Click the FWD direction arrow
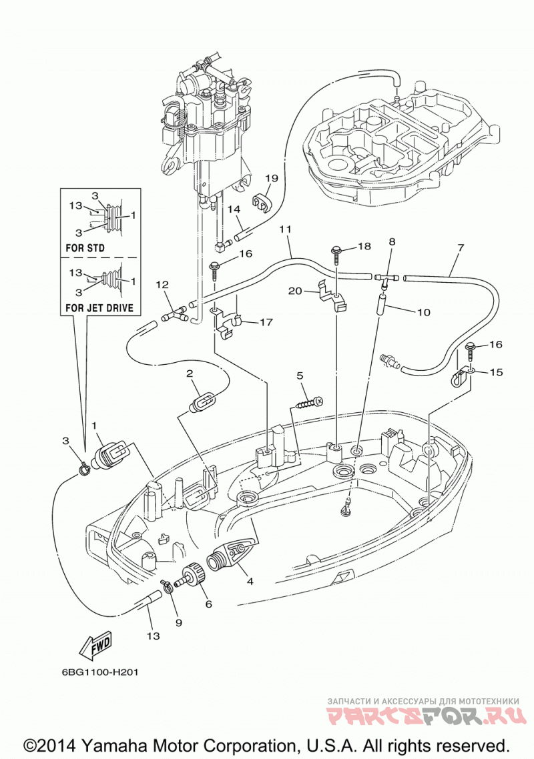[96, 644]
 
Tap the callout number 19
[272, 179]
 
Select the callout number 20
[294, 291]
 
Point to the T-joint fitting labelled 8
[386, 279]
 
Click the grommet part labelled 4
[231, 555]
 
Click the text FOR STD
[85, 248]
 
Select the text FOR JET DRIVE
[99, 308]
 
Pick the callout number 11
[285, 230]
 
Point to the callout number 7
[460, 248]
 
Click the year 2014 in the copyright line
[51, 744]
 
